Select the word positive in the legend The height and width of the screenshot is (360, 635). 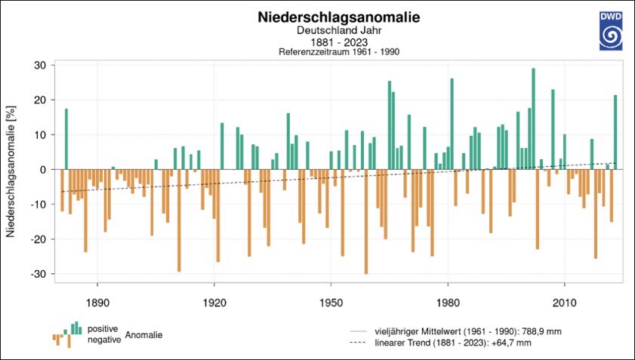102,329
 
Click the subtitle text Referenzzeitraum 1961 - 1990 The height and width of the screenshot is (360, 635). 339,51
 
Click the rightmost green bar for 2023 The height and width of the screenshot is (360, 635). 615,132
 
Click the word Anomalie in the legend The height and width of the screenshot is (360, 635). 143,334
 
